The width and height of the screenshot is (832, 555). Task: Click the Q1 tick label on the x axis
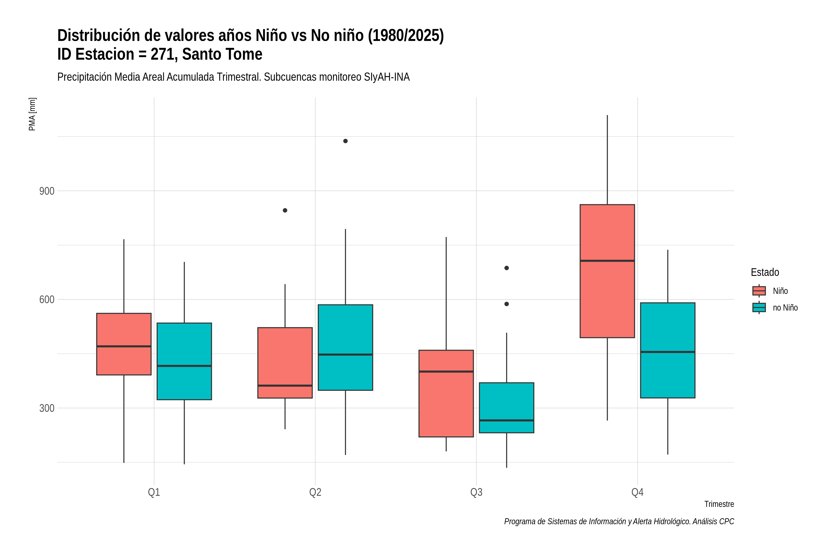pos(154,492)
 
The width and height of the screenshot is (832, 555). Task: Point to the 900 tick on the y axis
pos(47,191)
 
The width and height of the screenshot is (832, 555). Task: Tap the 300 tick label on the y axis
pos(47,408)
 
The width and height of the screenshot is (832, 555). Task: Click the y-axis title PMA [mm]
pos(32,114)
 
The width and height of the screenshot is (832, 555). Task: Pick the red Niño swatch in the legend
pos(759,291)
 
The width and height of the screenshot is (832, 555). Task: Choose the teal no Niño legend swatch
pos(759,307)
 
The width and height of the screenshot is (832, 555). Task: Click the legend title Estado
pos(765,272)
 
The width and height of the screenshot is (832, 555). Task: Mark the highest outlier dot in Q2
pos(345,141)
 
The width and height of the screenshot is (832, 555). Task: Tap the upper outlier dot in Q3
pos(507,268)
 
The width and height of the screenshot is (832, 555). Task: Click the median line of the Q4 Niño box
pos(607,261)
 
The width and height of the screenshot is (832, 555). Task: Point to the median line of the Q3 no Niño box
pos(507,420)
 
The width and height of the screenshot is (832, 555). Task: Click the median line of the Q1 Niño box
pos(124,346)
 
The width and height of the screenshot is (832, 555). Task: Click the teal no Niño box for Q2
pos(345,347)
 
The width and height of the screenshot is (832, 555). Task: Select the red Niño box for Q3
pos(446,393)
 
